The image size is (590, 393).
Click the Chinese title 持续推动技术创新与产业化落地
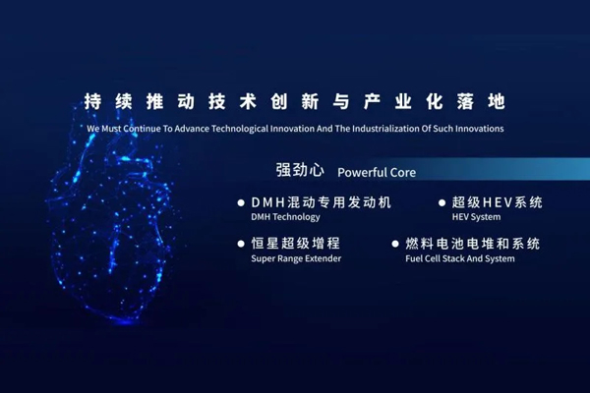[x=295, y=102]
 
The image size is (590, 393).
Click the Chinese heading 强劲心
[x=300, y=170]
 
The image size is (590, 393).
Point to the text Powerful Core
[x=377, y=172]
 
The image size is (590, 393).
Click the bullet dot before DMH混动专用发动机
[x=241, y=203]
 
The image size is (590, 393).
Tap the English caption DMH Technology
[x=286, y=217]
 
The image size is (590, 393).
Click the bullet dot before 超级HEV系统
[x=442, y=203]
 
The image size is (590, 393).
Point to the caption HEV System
[x=476, y=217]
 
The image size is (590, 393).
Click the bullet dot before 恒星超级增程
[x=241, y=244]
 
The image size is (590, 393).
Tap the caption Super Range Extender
[x=296, y=258]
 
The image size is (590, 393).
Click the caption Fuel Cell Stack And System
[x=459, y=258]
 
